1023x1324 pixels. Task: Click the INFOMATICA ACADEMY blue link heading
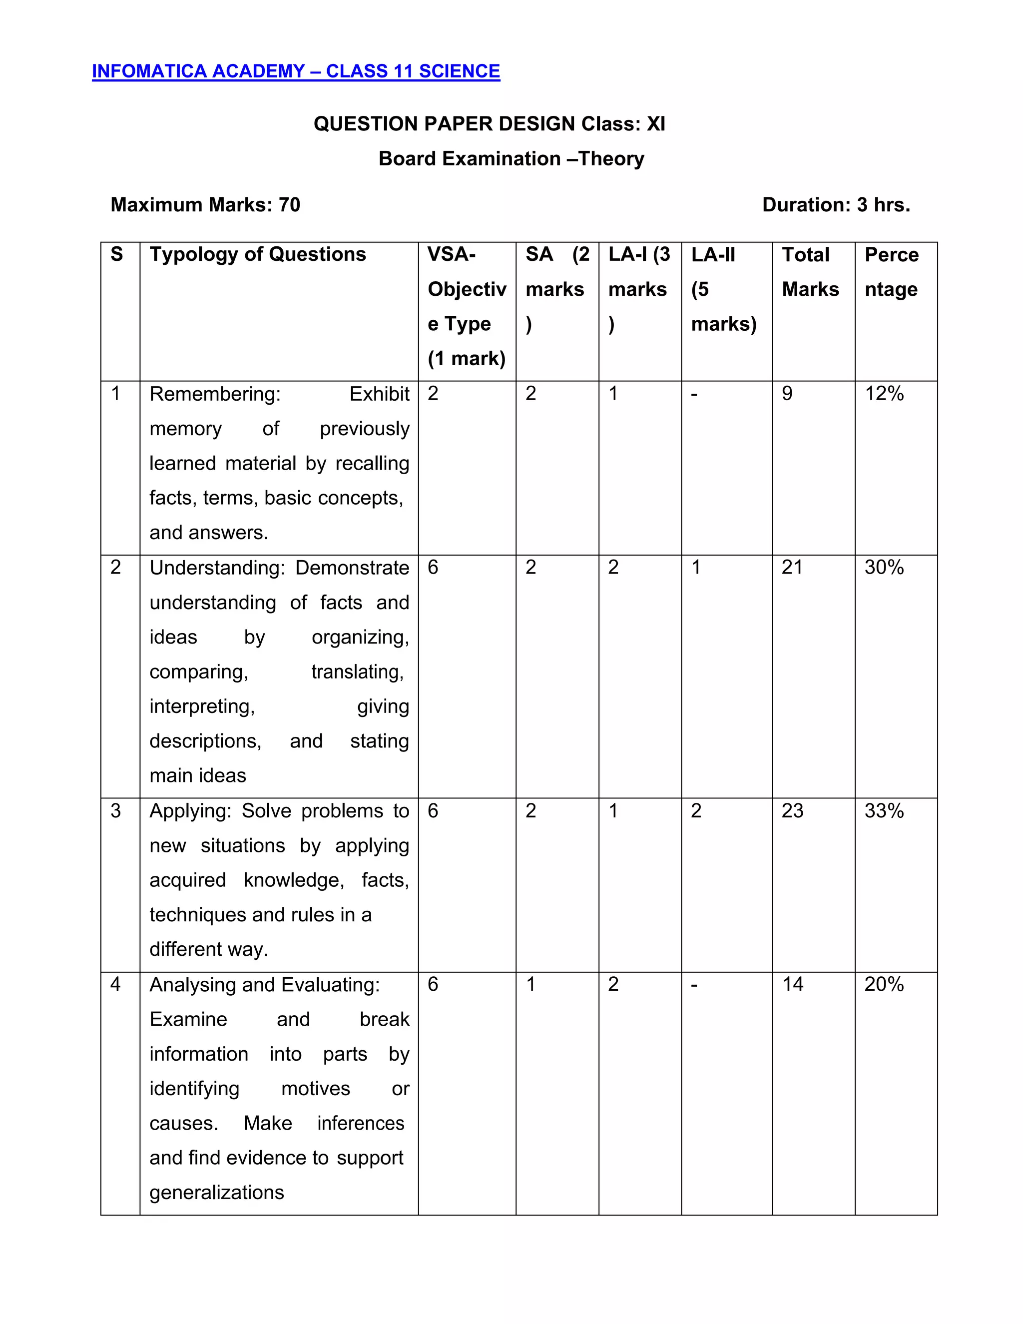pos(296,71)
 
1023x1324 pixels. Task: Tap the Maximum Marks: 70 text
pos(205,205)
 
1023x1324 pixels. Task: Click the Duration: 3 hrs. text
pos(836,205)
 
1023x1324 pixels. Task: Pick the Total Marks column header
pos(810,272)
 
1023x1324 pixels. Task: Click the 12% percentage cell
pos(884,394)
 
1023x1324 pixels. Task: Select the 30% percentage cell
pos(884,568)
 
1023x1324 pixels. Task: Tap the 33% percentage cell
pos(884,811)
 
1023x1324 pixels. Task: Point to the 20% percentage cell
pos(884,985)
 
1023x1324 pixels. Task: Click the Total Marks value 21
pos(792,568)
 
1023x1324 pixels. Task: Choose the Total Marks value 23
pos(792,811)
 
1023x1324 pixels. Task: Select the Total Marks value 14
pos(792,985)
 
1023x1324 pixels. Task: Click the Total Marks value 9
pos(787,394)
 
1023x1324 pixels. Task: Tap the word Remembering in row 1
pos(214,395)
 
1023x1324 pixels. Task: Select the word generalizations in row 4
pos(216,1193)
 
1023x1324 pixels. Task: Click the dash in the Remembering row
pos(694,394)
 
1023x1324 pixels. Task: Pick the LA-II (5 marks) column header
pos(724,289)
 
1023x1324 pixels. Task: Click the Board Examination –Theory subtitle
pos(511,159)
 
